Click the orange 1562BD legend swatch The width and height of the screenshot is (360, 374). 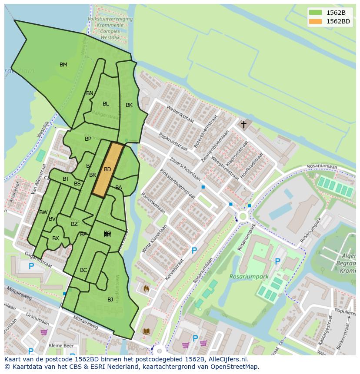click(x=316, y=21)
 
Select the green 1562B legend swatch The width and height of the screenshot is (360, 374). click(x=316, y=13)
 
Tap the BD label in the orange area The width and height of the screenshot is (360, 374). click(x=107, y=169)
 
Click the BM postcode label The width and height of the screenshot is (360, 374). click(x=63, y=65)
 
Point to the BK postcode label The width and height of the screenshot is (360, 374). click(x=129, y=105)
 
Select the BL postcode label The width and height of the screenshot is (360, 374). click(x=106, y=104)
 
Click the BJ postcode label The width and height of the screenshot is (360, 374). click(x=110, y=299)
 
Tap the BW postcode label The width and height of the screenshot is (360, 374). click(x=43, y=212)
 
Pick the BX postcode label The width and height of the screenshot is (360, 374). click(x=56, y=238)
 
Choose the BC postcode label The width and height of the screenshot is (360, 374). click(x=83, y=270)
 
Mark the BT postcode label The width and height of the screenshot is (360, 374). click(x=66, y=179)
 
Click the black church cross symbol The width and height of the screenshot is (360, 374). click(x=243, y=125)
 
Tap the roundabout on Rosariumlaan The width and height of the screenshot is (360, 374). click(x=242, y=216)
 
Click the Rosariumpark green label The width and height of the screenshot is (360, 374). click(x=249, y=277)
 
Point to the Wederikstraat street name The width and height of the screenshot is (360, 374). click(x=180, y=115)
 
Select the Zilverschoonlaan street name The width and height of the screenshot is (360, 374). click(x=185, y=169)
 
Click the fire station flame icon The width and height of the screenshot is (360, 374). click(x=146, y=288)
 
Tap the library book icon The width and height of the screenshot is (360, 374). click(x=146, y=331)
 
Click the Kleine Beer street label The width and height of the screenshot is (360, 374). click(x=61, y=346)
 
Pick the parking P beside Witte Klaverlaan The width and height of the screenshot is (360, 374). click(x=194, y=251)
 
